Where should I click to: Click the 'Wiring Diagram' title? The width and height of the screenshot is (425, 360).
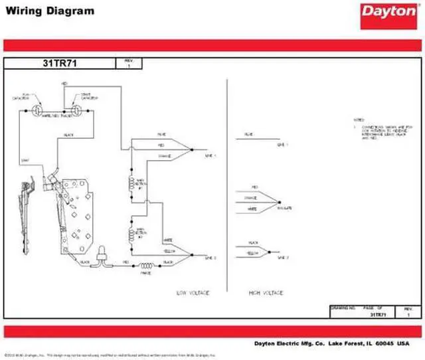click(x=50, y=11)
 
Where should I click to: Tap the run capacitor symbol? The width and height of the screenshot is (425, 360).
click(x=39, y=106)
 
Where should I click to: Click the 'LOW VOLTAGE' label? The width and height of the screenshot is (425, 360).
click(x=192, y=292)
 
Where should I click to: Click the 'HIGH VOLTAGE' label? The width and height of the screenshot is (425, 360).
click(x=266, y=292)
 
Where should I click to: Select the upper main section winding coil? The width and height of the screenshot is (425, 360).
click(x=131, y=183)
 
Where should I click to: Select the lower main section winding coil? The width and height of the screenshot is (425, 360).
click(x=131, y=232)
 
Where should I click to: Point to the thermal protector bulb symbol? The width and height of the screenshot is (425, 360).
click(x=103, y=254)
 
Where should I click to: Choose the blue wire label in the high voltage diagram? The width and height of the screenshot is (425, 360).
click(x=248, y=135)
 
